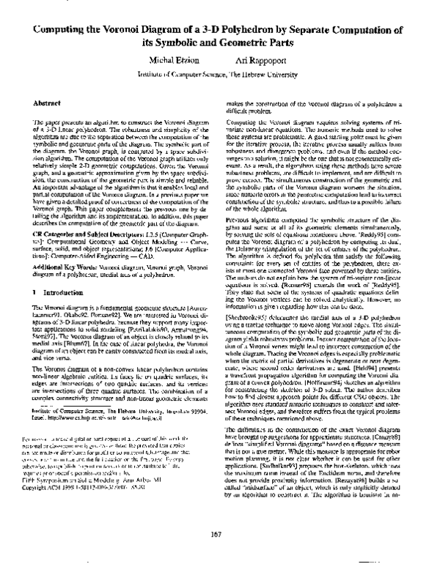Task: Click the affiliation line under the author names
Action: (x=220, y=75)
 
